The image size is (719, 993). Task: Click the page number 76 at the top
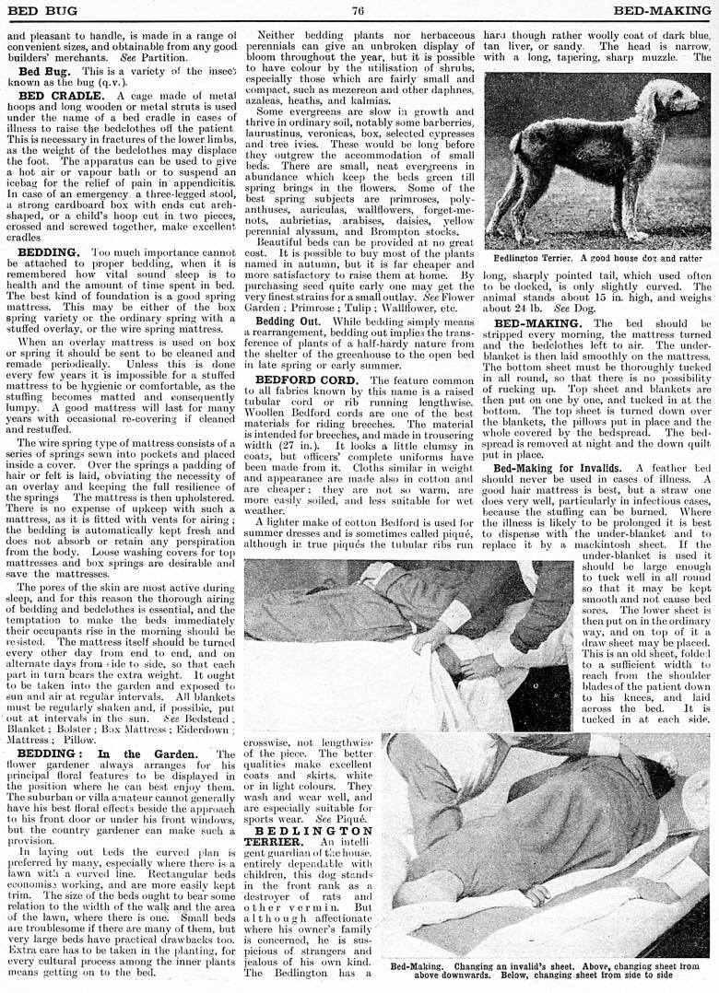click(x=359, y=10)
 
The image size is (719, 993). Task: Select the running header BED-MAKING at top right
click(x=661, y=10)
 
